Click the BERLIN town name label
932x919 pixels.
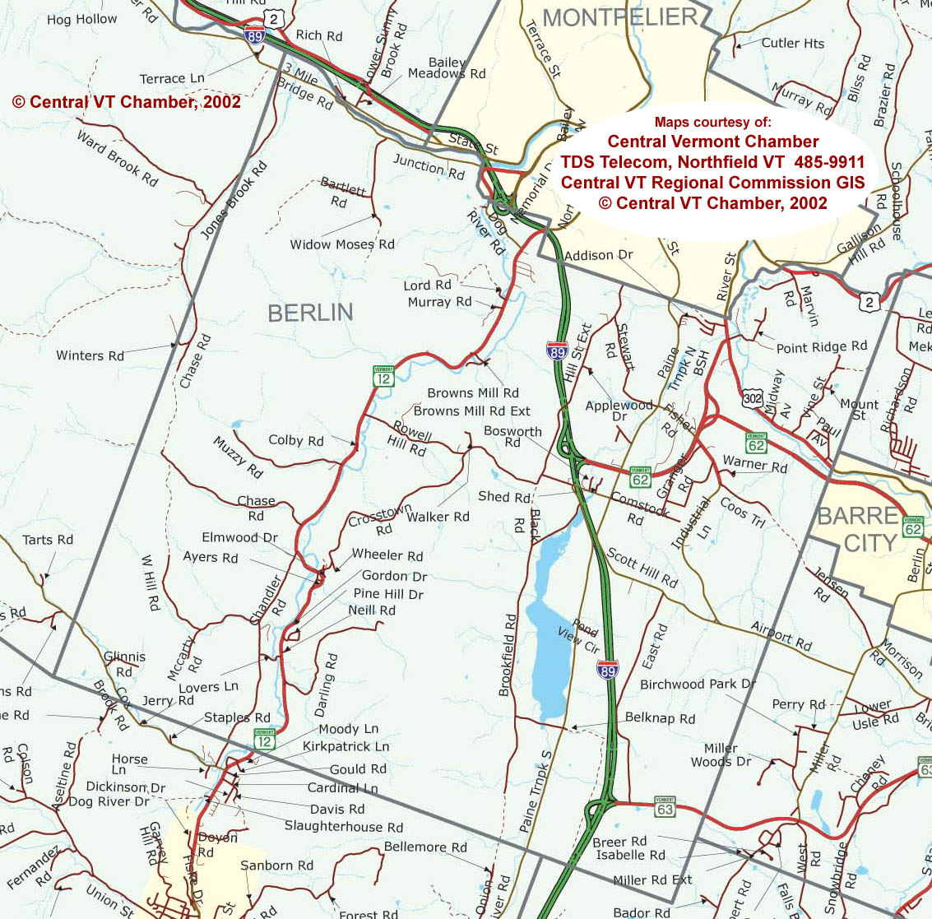(310, 313)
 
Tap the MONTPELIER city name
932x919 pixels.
(620, 17)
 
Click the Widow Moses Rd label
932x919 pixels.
(342, 244)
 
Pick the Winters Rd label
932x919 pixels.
(90, 355)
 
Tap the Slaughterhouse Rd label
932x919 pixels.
(344, 827)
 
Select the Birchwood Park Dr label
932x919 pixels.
(698, 685)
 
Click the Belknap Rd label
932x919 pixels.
(660, 718)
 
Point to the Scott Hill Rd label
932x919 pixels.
(642, 569)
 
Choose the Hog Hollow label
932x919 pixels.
(81, 19)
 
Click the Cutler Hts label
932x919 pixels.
(792, 44)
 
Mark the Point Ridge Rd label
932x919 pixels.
(821, 347)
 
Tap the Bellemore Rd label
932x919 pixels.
(425, 847)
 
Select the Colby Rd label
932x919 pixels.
(296, 440)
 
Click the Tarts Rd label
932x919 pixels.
(48, 540)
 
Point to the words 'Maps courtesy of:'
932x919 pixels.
(712, 123)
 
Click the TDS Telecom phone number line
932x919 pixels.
(712, 161)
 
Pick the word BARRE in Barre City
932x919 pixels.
(857, 516)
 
